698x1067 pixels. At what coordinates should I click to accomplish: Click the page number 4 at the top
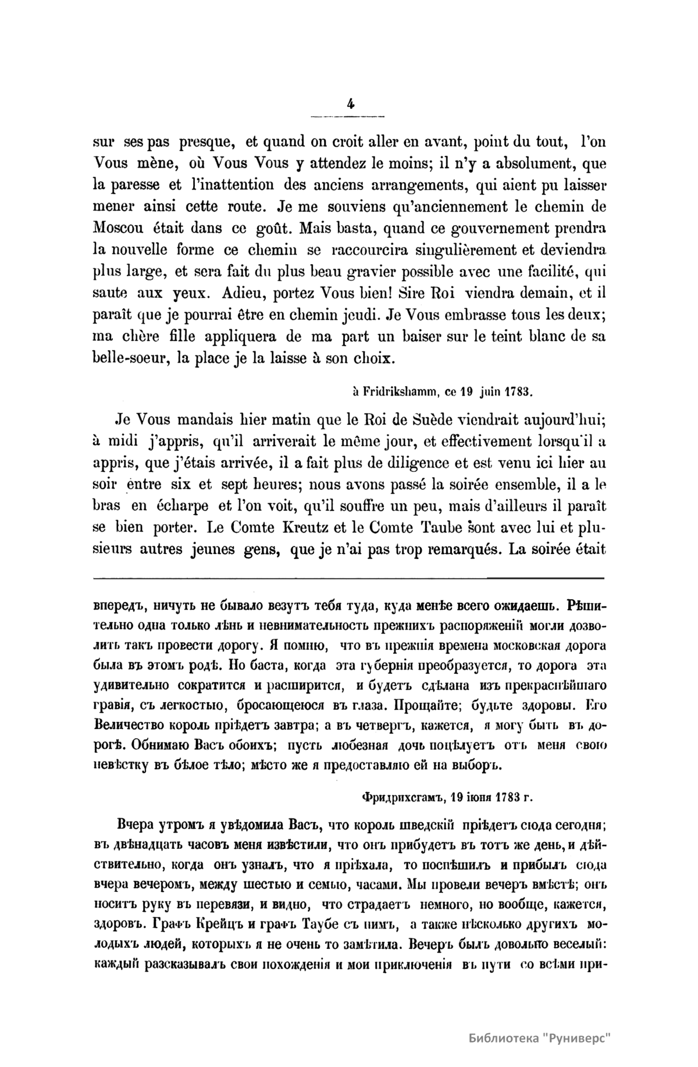pos(350,104)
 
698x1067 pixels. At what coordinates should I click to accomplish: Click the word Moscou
pos(120,228)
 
